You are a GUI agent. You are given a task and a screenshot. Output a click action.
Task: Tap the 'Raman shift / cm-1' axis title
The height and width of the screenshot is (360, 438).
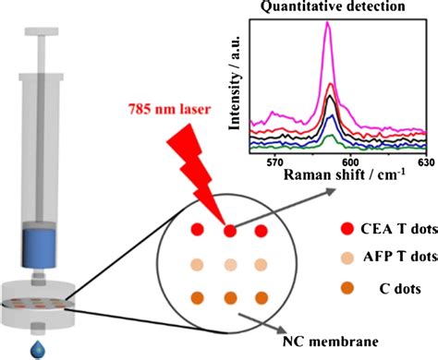tap(339, 174)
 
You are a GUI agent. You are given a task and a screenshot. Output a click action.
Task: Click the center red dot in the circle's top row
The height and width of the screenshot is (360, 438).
tap(229, 229)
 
